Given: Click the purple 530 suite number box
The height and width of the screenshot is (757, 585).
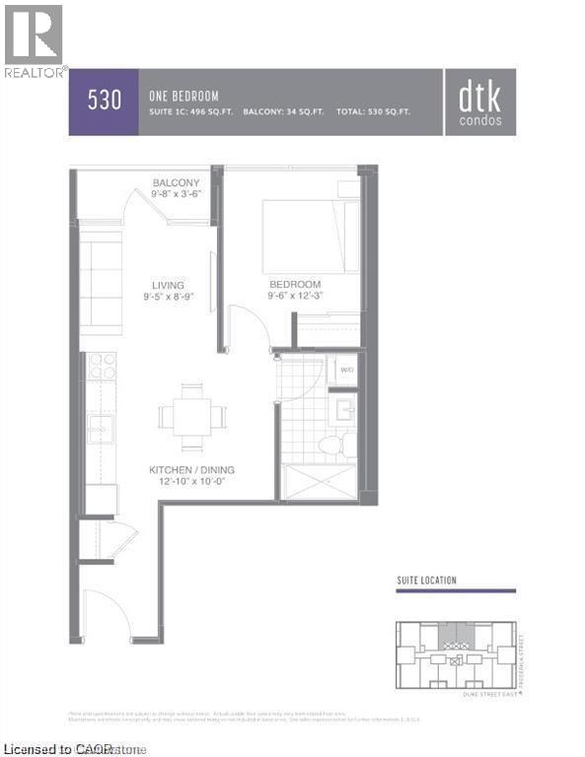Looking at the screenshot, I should pyautogui.click(x=103, y=101).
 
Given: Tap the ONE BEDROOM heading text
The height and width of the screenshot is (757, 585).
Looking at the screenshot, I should pyautogui.click(x=183, y=96).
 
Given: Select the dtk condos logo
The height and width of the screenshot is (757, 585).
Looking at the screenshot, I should pyautogui.click(x=480, y=102).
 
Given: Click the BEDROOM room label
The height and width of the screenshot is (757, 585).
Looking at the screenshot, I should pyautogui.click(x=293, y=285).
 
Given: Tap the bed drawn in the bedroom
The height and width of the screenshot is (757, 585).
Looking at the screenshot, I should pyautogui.click(x=311, y=236).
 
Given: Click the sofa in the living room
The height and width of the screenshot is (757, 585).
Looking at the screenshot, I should pyautogui.click(x=100, y=284).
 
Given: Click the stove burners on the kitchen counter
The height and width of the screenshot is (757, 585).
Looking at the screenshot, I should pyautogui.click(x=102, y=366).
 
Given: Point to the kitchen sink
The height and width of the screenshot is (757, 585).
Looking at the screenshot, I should pyautogui.click(x=101, y=428).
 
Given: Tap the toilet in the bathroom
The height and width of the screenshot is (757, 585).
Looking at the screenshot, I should pyautogui.click(x=330, y=445).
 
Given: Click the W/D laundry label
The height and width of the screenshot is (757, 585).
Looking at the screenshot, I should pyautogui.click(x=345, y=370).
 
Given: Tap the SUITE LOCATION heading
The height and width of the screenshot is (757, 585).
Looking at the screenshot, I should pyautogui.click(x=426, y=581).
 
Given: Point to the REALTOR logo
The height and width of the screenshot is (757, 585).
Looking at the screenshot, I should pyautogui.click(x=35, y=40).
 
